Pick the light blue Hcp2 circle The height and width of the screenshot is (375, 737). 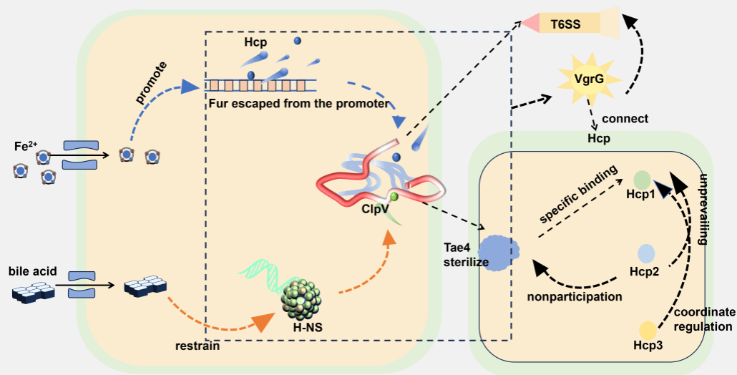click(646, 253)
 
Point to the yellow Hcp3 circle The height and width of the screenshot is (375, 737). click(648, 330)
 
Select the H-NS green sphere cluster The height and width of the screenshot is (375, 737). click(300, 295)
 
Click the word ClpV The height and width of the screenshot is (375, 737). click(376, 210)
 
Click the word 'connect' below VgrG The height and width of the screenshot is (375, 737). click(625, 118)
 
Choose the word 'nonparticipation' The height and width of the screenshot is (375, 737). click(575, 296)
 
